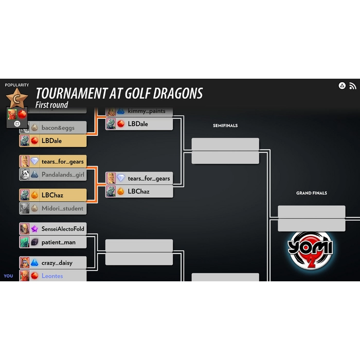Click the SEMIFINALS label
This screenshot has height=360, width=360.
(x=225, y=125)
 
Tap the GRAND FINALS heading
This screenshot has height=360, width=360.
(x=312, y=193)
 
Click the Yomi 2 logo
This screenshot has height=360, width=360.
(x=310, y=250)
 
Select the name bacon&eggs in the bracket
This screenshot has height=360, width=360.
(x=58, y=128)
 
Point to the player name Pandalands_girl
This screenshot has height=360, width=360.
(x=63, y=175)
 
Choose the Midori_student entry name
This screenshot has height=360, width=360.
(x=62, y=208)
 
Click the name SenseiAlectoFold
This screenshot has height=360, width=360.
(x=63, y=229)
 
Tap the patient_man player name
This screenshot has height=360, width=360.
(x=58, y=242)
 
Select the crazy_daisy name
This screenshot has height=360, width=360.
(x=57, y=263)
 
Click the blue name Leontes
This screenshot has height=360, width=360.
(x=52, y=276)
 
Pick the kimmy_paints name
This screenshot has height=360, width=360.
(x=147, y=112)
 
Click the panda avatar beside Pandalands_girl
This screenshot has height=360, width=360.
(x=25, y=174)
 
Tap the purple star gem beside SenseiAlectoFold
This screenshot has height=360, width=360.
(x=34, y=229)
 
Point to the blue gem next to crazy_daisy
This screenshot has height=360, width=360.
(x=34, y=263)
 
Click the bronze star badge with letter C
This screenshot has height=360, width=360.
(x=17, y=99)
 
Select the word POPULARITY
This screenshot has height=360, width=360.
(x=17, y=85)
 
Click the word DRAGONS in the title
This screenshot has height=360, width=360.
(x=178, y=94)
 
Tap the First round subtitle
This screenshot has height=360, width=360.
(x=51, y=105)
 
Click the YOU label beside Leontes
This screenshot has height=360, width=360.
(x=9, y=276)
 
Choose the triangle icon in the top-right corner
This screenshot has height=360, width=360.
(x=342, y=86)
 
